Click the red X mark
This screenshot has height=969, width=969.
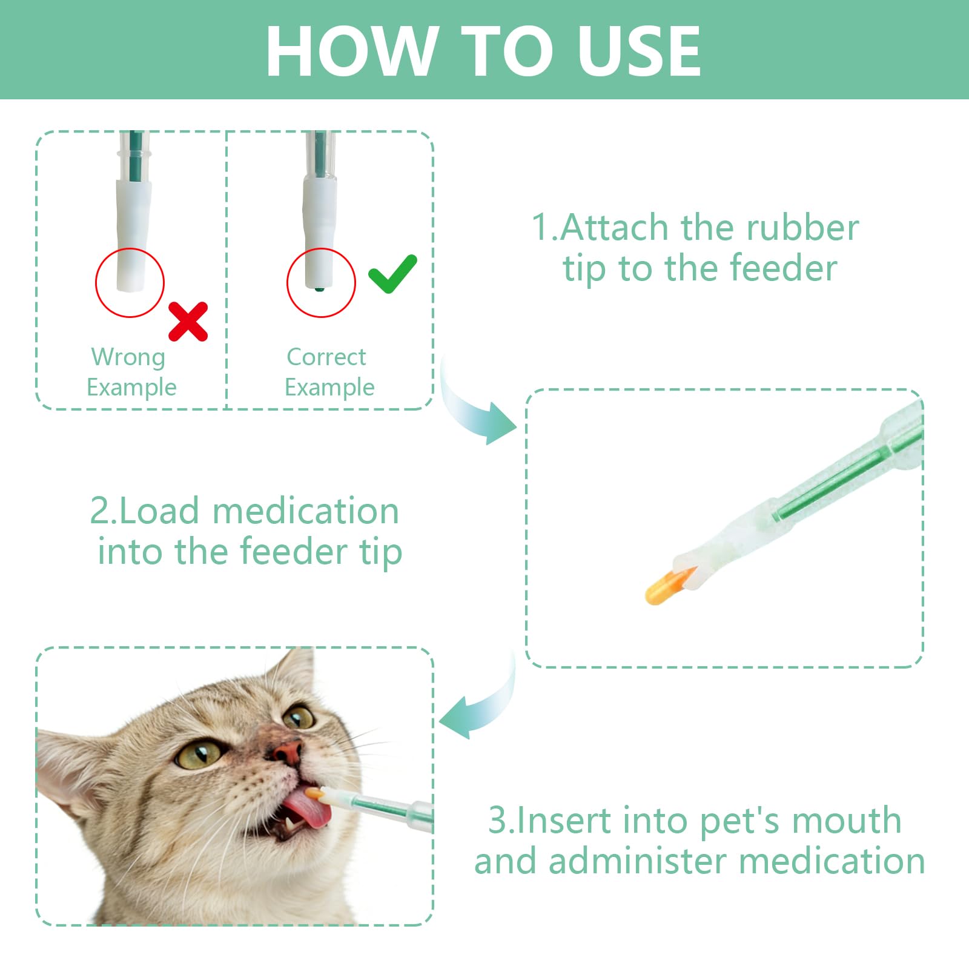coord(188,322)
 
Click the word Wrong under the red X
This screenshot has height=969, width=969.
coord(128,357)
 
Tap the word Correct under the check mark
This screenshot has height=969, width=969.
coord(326,357)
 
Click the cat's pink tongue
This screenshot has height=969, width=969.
coord(308,809)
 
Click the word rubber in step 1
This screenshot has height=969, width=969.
coord(802,228)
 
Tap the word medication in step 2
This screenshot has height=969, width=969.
coord(305,511)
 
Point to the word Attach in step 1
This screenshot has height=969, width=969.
coord(615,228)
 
